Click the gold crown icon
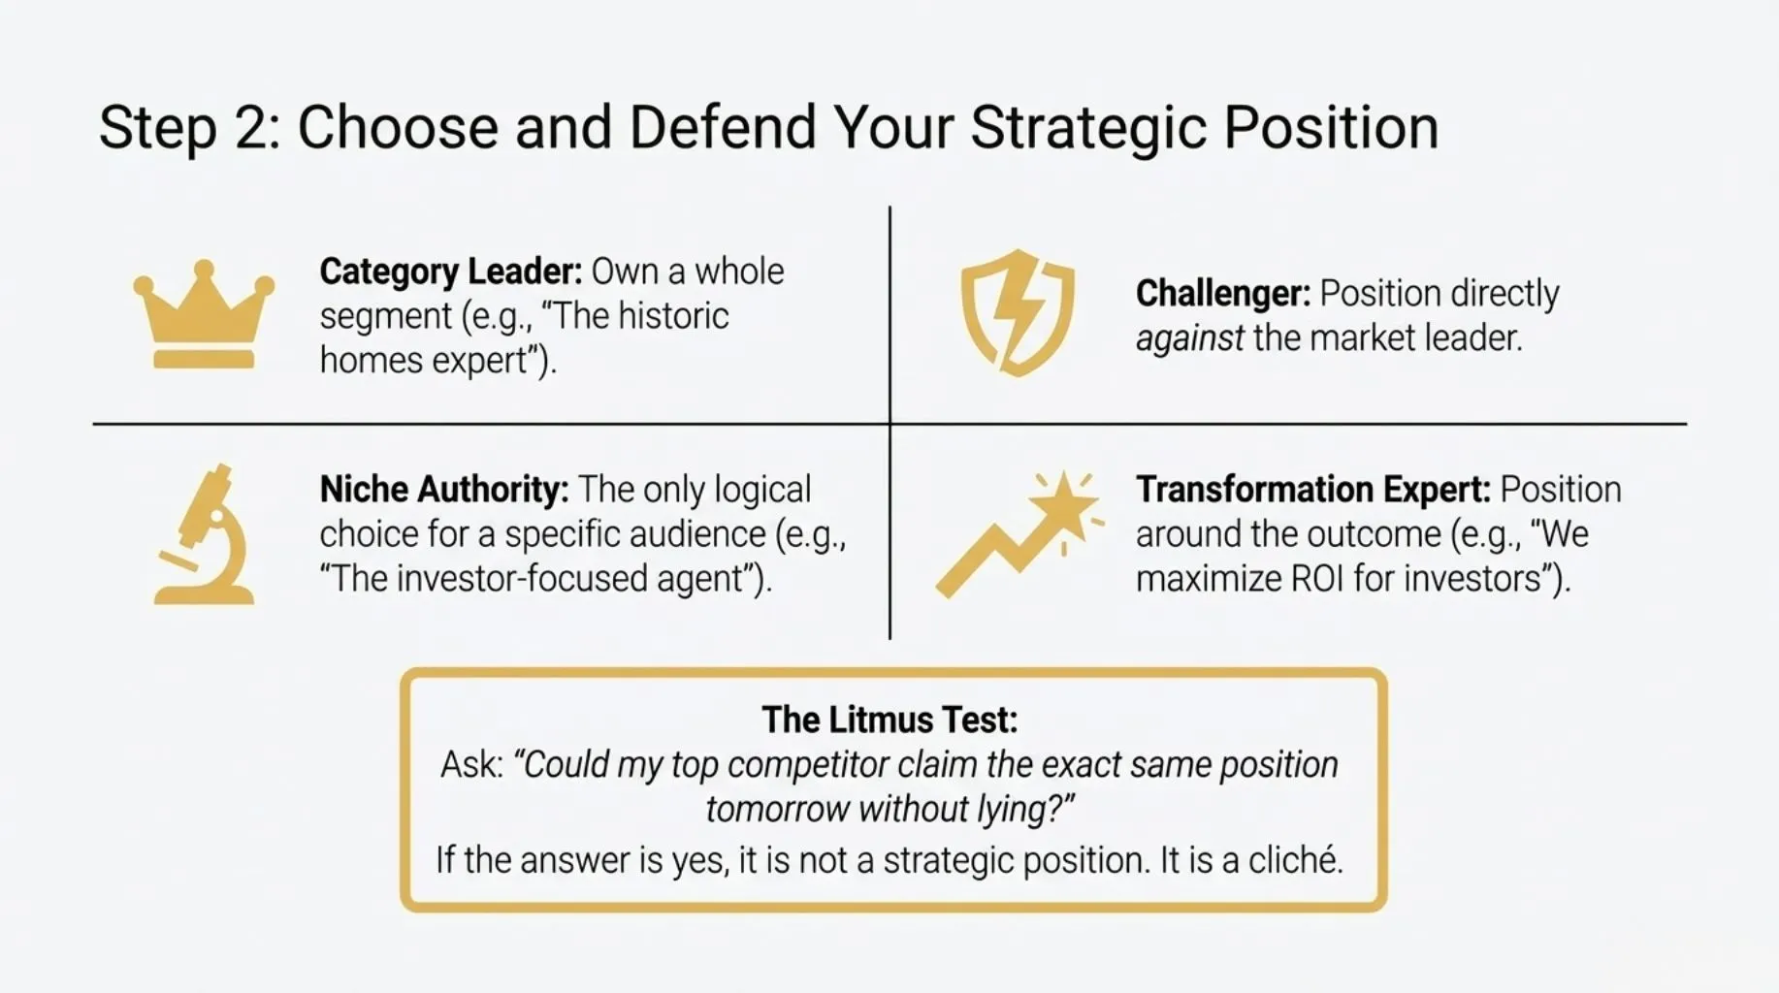coord(204,314)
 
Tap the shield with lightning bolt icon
coord(1018,312)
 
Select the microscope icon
coord(204,534)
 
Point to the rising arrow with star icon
coord(1019,534)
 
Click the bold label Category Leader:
coord(451,272)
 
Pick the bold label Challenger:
coord(1223,293)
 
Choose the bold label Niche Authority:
coord(444,490)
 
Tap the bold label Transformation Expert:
coord(1313,490)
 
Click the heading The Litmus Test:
coord(889,720)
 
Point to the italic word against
coord(1189,339)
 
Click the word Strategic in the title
coord(1088,128)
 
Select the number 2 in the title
coord(257,127)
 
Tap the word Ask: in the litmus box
coord(472,764)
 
